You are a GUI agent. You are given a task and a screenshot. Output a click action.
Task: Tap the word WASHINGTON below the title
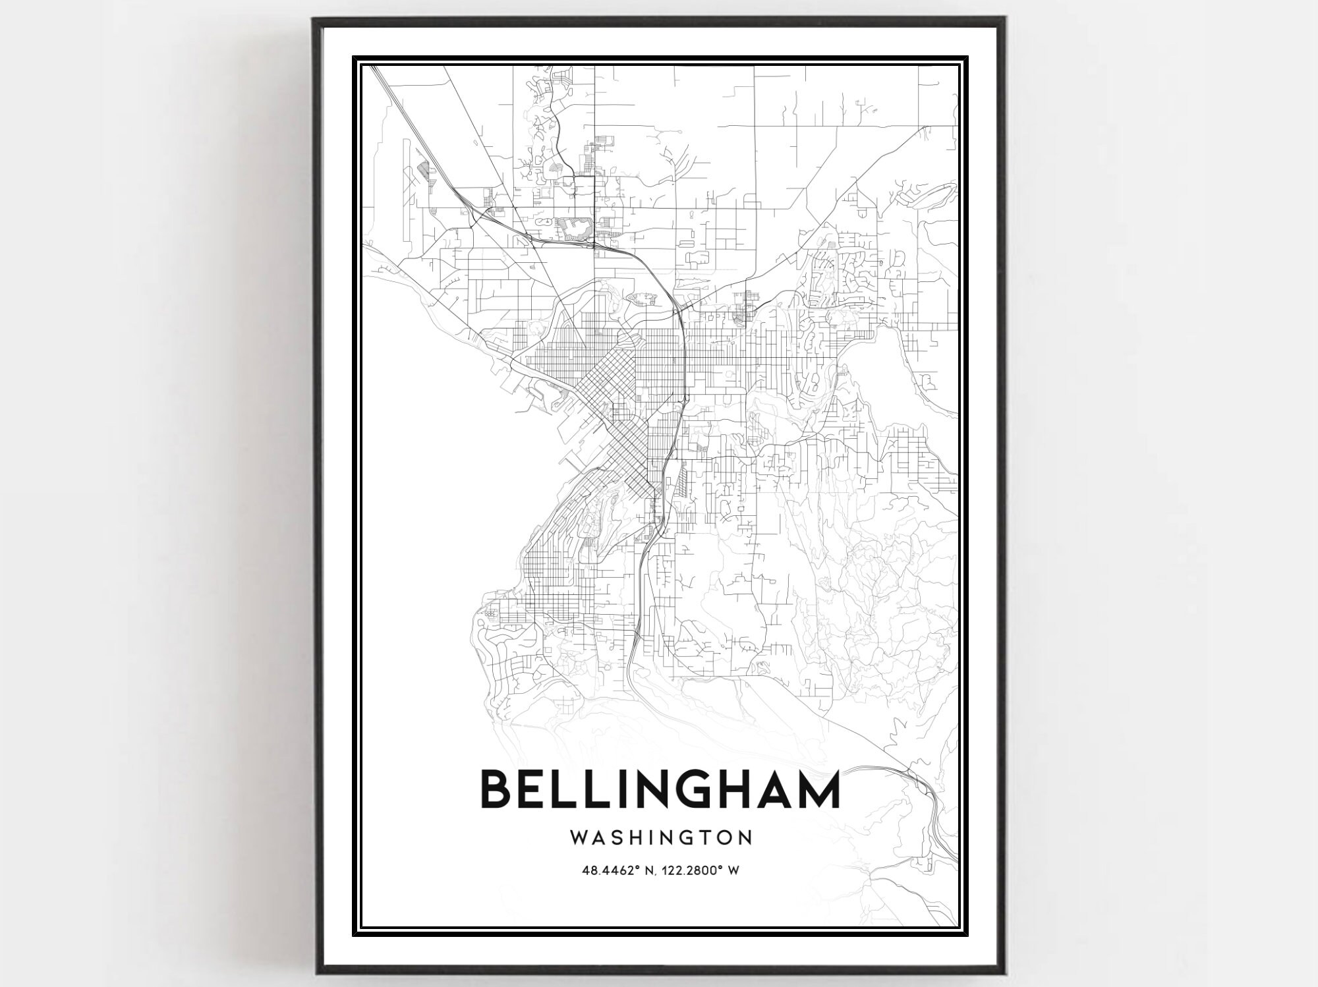click(x=661, y=837)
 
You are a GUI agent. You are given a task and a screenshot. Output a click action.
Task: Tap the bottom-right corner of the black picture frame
click(x=1003, y=971)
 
